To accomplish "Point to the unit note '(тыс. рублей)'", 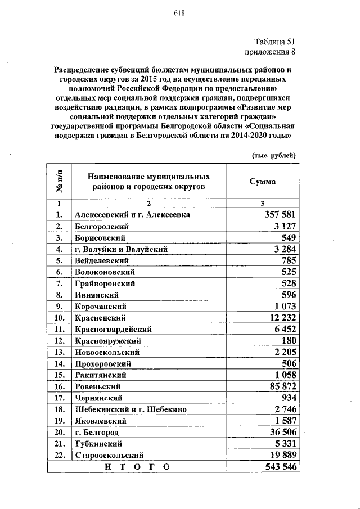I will pyautogui.click(x=272, y=155).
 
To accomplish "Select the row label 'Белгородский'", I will pyautogui.click(x=102, y=226).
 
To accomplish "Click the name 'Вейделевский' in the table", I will pyautogui.click(x=102, y=260).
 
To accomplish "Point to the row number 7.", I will pyautogui.click(x=58, y=283).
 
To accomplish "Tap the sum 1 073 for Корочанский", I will pyautogui.click(x=285, y=306).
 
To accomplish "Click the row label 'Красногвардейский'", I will pyautogui.click(x=113, y=329).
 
